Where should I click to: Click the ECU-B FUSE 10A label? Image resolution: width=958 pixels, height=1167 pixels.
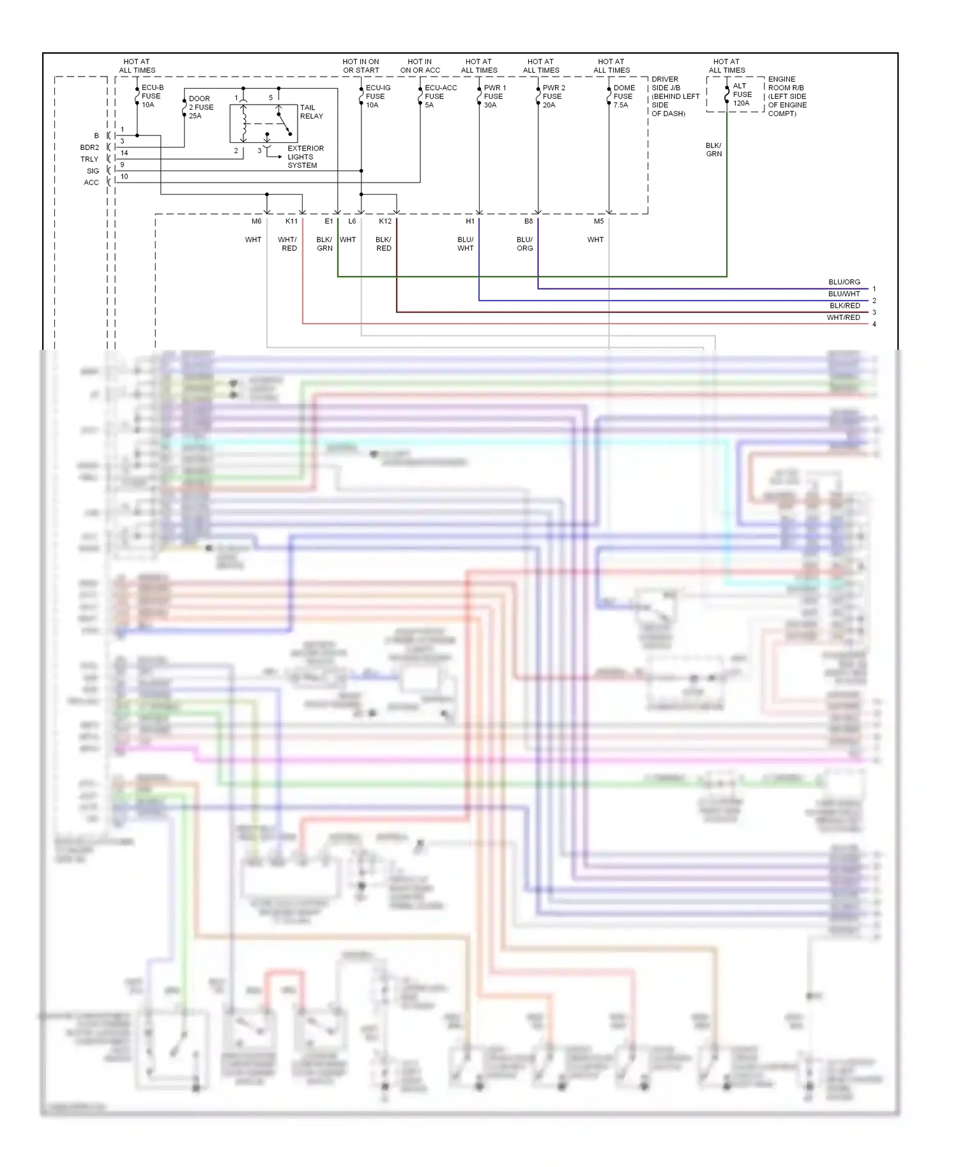point(151,96)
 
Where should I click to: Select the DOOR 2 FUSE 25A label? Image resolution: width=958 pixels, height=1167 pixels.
point(201,107)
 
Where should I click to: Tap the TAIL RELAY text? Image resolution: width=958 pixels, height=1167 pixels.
point(311,112)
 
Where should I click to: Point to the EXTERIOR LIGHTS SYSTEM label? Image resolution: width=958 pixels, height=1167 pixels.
point(305,157)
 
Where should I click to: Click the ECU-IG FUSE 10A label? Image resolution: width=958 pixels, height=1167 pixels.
point(377,96)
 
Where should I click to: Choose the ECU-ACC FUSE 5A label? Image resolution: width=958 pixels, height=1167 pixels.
point(439,96)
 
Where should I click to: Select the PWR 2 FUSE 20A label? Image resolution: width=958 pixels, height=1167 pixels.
point(553,96)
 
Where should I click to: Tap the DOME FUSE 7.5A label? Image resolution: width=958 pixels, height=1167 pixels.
point(623,96)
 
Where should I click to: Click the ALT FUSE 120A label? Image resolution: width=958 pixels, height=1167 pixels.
point(741,94)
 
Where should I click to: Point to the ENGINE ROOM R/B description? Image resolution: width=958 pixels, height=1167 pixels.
point(787,96)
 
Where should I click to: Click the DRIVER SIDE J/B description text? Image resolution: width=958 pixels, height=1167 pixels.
point(674,96)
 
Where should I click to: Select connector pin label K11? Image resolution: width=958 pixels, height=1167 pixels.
point(291,222)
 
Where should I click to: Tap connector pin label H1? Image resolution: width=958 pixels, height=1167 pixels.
point(470,222)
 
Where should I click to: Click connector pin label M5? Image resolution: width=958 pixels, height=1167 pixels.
point(598,222)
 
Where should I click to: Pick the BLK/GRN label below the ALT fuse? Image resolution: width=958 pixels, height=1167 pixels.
point(713,150)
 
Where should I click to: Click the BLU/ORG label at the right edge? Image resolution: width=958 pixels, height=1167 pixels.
point(844,282)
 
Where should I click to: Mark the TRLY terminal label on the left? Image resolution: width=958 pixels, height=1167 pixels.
point(89,160)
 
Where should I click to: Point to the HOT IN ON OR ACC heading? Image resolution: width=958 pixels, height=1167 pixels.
point(420,66)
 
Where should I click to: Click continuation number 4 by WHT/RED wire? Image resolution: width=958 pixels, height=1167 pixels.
point(874,324)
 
